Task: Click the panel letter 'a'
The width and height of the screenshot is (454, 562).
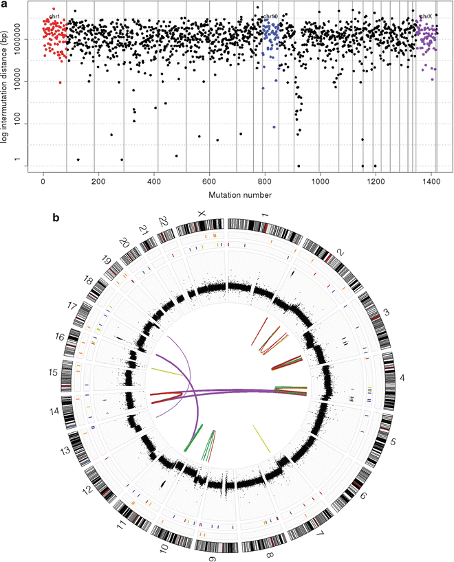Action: coord(5,4)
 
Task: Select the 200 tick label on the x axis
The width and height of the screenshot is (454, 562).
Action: coord(98,182)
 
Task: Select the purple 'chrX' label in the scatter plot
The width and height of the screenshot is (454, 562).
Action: coord(426,16)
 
